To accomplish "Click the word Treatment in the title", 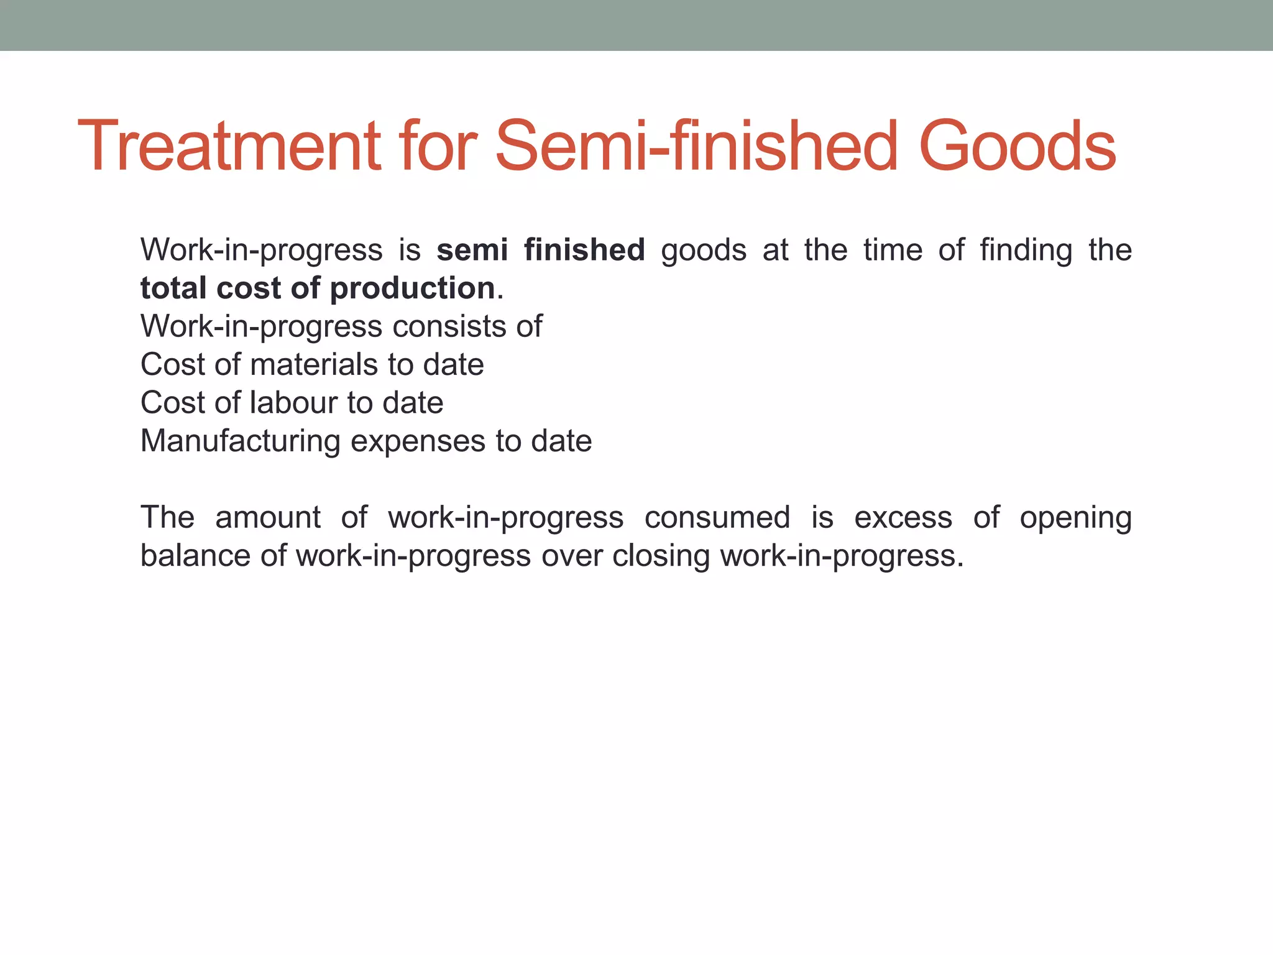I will [229, 147].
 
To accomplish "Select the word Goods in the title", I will [1017, 147].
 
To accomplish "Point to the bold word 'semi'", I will [472, 250].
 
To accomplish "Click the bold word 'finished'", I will [584, 250].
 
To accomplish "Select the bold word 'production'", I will [412, 289].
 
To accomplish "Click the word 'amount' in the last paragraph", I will [268, 517].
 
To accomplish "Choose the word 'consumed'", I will [717, 517].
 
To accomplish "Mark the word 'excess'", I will [903, 517].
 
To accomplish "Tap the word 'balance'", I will [195, 555].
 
